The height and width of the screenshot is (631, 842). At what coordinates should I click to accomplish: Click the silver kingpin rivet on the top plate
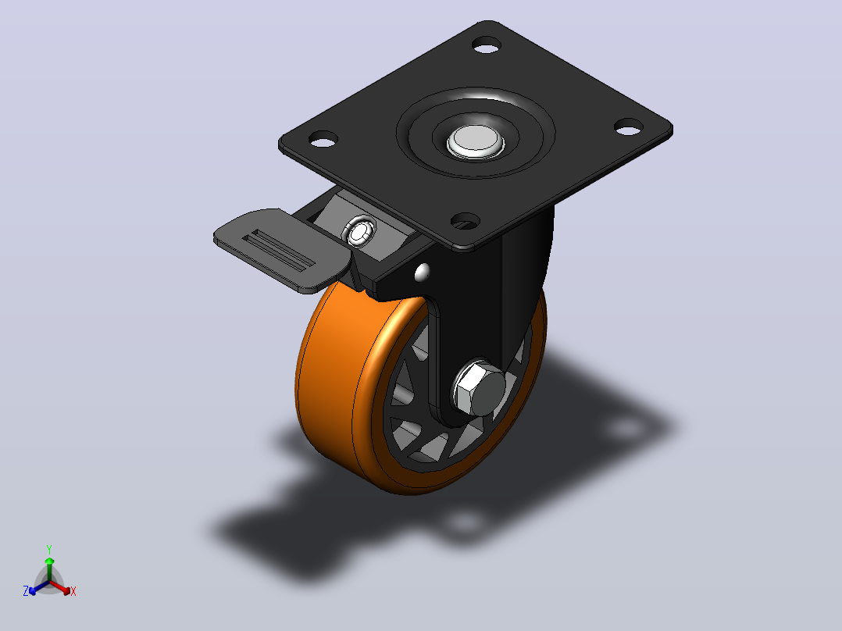pyautogui.click(x=476, y=141)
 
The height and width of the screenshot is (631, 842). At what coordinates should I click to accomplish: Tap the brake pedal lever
pyautogui.click(x=282, y=250)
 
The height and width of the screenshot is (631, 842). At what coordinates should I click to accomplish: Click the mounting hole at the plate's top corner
pyautogui.click(x=487, y=45)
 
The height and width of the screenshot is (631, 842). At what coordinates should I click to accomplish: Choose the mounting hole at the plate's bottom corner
pyautogui.click(x=465, y=220)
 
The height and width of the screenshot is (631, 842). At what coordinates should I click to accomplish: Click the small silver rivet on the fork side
pyautogui.click(x=422, y=273)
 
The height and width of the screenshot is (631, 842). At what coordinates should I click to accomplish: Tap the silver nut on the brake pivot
pyautogui.click(x=359, y=231)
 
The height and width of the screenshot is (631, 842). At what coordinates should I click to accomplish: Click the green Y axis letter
pyautogui.click(x=49, y=549)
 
